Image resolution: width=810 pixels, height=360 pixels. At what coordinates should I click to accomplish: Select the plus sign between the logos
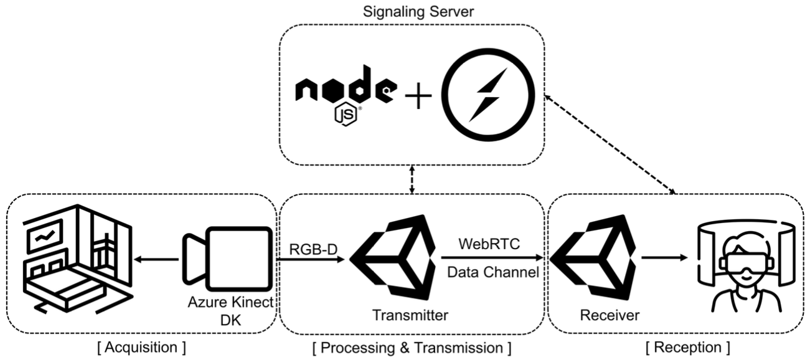coord(418,97)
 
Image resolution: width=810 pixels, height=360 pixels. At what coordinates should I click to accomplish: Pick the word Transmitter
coord(410,315)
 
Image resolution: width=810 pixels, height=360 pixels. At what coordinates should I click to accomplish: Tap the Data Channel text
coord(492,272)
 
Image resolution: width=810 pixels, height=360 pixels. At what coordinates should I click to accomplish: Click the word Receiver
coord(609,315)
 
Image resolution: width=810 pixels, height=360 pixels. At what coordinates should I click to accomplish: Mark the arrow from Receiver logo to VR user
coord(666,257)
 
